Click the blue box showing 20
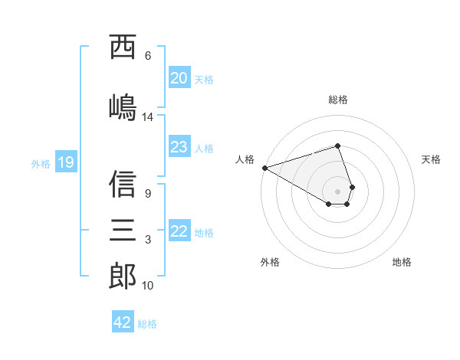point(179,78)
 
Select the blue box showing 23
point(179,147)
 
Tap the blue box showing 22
point(179,231)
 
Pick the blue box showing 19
point(65,162)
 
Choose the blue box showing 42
point(123,322)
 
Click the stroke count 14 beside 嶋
point(148,117)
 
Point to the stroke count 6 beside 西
point(148,56)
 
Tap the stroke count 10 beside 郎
point(148,286)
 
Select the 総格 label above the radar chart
point(337,100)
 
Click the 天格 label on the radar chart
point(431,159)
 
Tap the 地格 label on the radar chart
point(402,262)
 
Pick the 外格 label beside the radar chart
point(270,262)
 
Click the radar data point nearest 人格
point(264,168)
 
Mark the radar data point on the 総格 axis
point(337,146)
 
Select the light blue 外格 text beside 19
point(40,163)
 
